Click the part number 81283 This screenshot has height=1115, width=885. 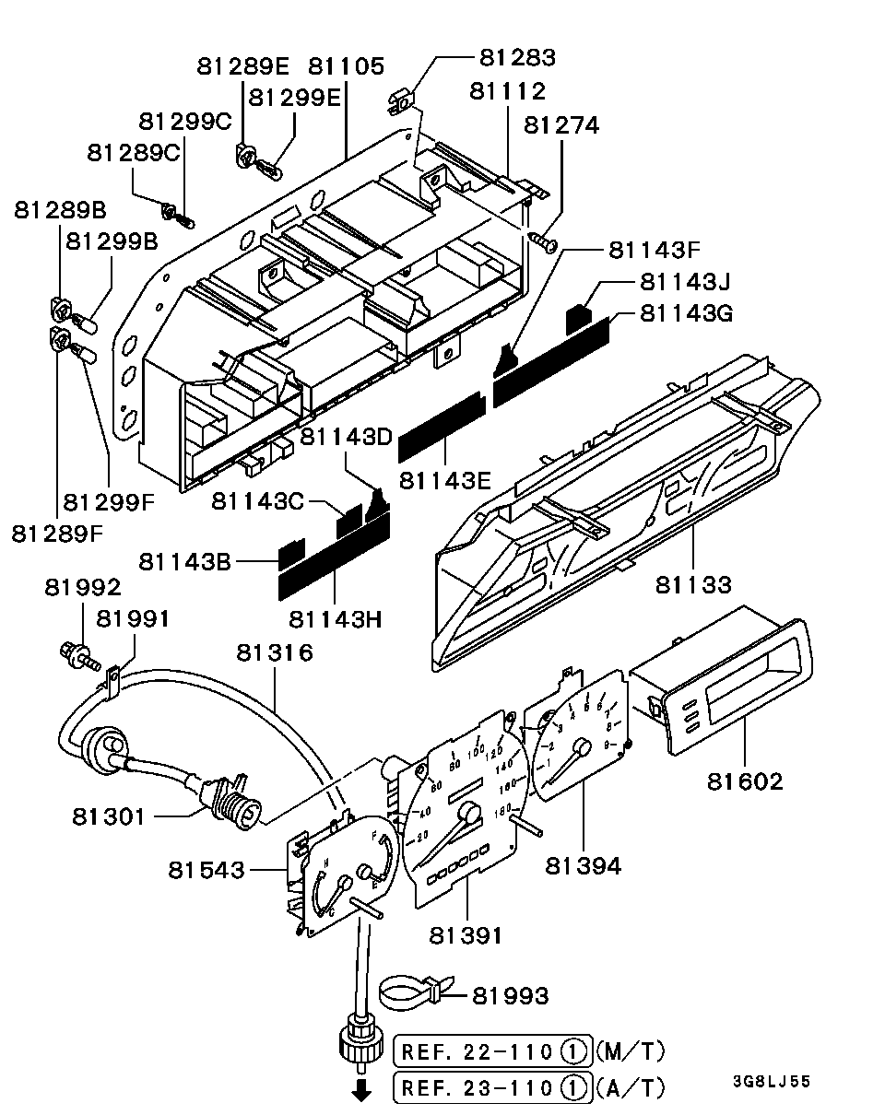coord(517,57)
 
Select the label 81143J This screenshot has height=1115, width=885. coord(685,282)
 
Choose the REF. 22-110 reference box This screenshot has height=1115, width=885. coord(492,1051)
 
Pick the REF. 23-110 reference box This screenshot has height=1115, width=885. coord(492,1087)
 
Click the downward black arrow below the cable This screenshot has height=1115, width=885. coord(361,1093)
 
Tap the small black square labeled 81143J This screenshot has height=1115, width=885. coord(578,319)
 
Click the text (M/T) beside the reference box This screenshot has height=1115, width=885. coord(631,1050)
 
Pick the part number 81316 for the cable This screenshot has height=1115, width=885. coord(275,652)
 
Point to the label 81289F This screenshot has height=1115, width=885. coord(57,534)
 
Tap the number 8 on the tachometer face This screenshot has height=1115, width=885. coord(609,725)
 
